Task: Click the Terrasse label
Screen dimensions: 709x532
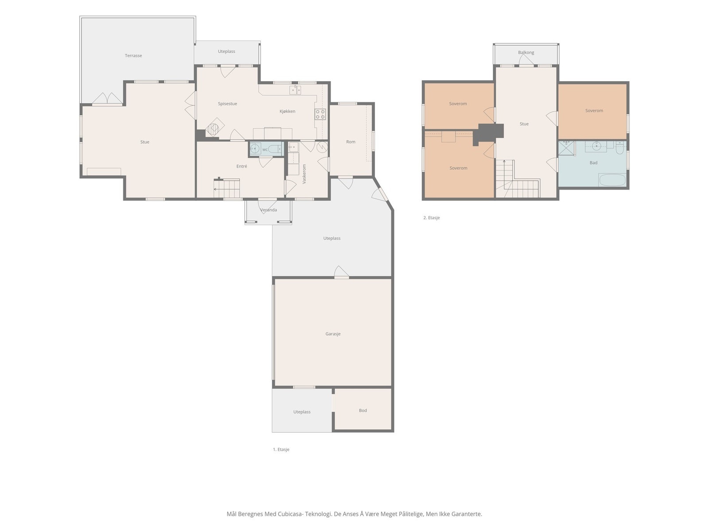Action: pyautogui.click(x=133, y=55)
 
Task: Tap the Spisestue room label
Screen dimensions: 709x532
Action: pyautogui.click(x=227, y=104)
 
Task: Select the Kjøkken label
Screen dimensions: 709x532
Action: pyautogui.click(x=287, y=111)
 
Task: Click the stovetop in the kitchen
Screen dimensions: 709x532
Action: pyautogui.click(x=320, y=114)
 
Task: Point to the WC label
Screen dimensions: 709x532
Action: pyautogui.click(x=265, y=149)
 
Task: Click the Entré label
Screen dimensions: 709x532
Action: pyautogui.click(x=242, y=166)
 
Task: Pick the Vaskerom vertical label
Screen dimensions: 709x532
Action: pyautogui.click(x=304, y=174)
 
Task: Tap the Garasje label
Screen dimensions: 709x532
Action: pyautogui.click(x=333, y=334)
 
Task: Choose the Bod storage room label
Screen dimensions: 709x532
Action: pyautogui.click(x=362, y=411)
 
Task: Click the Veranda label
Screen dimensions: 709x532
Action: pyautogui.click(x=268, y=210)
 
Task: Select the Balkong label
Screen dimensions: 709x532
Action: pyautogui.click(x=526, y=52)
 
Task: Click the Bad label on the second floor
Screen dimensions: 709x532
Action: pyautogui.click(x=593, y=163)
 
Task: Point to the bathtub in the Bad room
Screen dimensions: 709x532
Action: pyautogui.click(x=612, y=180)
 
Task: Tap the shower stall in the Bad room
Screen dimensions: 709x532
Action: pyautogui.click(x=567, y=148)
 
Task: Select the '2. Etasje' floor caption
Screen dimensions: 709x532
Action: pyautogui.click(x=431, y=218)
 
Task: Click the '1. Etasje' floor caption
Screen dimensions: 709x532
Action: pyautogui.click(x=281, y=449)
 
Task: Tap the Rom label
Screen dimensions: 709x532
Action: pyautogui.click(x=351, y=142)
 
